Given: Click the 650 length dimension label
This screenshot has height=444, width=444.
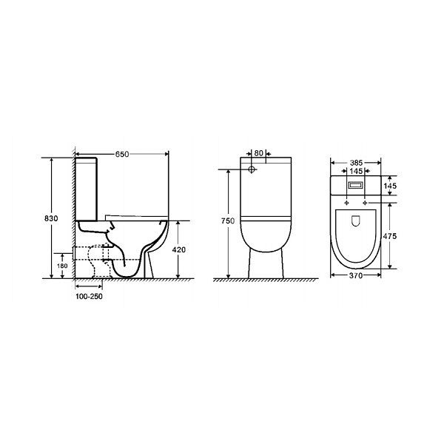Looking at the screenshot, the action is click(122, 154).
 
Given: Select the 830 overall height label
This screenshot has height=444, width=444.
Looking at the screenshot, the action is click(51, 218).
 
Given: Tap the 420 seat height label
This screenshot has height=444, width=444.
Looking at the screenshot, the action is click(179, 249).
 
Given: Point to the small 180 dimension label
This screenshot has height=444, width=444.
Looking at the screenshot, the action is click(62, 266).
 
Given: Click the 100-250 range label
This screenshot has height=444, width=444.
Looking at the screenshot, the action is click(89, 297).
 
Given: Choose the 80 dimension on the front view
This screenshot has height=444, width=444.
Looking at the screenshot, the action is click(258, 153).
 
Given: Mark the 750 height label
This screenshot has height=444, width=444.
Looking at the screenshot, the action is click(228, 221).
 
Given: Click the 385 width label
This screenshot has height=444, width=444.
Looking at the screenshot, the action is click(356, 163).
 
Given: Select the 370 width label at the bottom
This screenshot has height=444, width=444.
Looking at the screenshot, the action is click(356, 275).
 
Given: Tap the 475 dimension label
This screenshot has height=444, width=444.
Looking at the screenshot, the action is click(390, 236).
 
